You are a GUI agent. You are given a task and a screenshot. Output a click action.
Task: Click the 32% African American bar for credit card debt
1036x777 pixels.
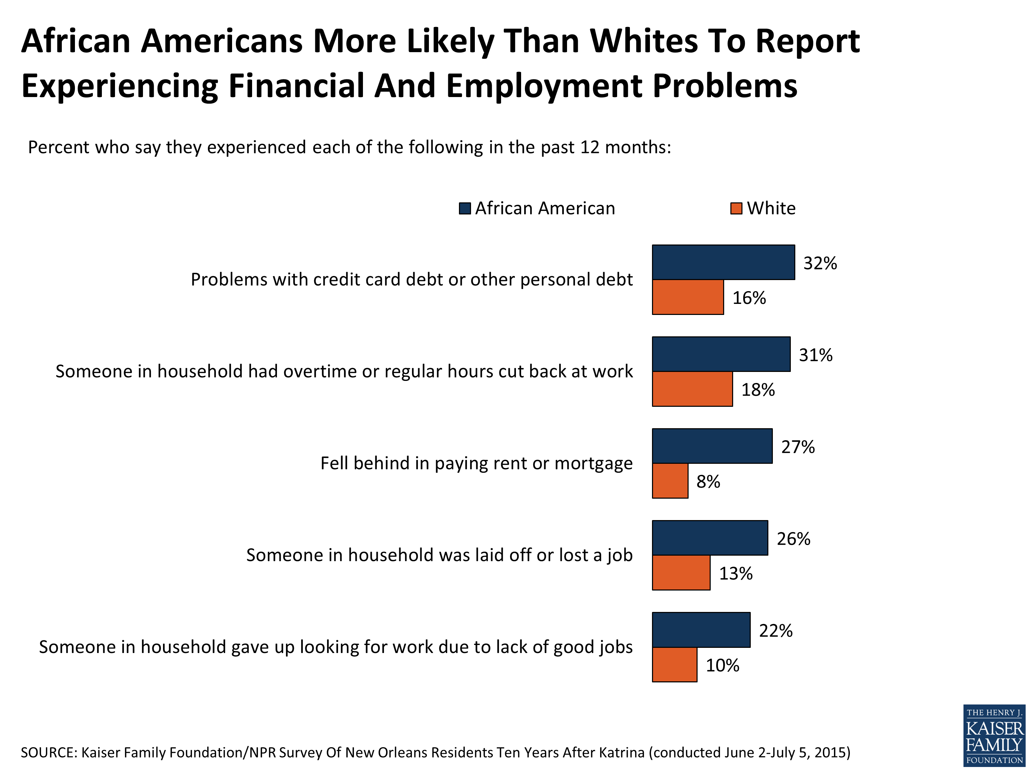point(723,262)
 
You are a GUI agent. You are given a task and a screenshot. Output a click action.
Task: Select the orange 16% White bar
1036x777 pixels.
point(687,297)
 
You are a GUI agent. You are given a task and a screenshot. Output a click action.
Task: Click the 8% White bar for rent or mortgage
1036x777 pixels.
point(670,481)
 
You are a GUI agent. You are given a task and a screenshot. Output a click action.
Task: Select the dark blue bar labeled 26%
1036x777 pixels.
point(710,538)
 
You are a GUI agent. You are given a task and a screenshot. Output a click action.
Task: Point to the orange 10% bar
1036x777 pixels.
point(674,665)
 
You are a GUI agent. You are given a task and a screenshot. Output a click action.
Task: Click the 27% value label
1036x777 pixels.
point(798,447)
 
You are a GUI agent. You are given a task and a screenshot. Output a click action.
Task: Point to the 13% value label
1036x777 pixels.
point(735,573)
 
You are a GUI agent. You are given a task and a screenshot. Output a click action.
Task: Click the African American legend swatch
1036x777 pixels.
point(464,209)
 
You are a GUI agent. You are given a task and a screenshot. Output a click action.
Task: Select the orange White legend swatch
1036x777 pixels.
point(736,209)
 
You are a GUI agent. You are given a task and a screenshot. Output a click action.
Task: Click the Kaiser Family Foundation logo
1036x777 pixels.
point(994,735)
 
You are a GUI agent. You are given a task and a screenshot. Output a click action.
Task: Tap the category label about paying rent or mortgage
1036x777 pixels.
point(476,463)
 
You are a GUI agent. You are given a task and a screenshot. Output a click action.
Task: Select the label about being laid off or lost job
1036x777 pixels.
point(439,555)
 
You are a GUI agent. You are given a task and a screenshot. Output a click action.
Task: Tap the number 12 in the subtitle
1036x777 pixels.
point(590,147)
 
